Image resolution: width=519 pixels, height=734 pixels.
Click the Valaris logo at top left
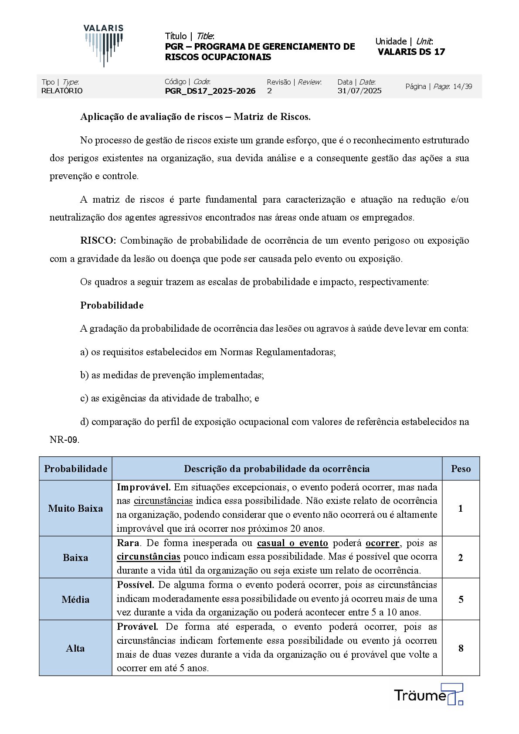(104, 45)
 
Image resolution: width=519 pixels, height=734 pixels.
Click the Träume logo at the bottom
(428, 694)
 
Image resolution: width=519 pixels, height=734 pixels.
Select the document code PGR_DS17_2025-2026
(210, 91)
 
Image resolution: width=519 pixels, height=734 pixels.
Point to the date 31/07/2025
(360, 91)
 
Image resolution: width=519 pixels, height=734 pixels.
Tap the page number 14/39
(462, 86)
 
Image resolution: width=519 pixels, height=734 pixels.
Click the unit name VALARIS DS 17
(411, 52)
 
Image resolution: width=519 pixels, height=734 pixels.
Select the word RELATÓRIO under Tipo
(62, 91)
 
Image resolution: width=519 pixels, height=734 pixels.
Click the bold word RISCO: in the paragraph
(98, 241)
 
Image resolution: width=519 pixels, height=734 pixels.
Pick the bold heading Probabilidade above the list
(112, 306)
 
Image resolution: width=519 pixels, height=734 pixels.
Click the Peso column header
(461, 469)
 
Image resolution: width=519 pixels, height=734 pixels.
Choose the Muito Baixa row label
(75, 508)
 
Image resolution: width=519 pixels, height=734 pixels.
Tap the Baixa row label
(75, 557)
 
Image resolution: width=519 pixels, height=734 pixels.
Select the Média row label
(75, 599)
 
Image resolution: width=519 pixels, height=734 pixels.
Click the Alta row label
(75, 648)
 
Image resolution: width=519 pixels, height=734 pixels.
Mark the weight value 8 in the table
(461, 648)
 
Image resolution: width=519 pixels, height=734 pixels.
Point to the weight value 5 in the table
(461, 599)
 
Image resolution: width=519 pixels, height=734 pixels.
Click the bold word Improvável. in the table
(143, 487)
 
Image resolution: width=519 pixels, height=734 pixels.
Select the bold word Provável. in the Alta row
(137, 627)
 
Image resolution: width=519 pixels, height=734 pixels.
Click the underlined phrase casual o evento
(292, 543)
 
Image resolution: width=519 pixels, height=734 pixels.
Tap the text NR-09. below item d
(64, 440)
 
